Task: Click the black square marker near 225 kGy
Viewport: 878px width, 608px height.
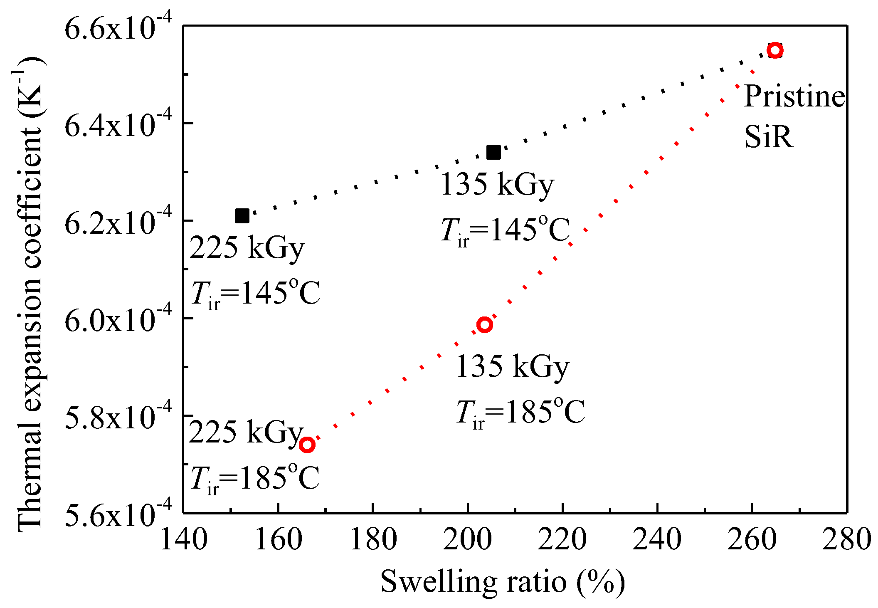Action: pyautogui.click(x=242, y=216)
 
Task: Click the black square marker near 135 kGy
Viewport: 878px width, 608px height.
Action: pyautogui.click(x=493, y=152)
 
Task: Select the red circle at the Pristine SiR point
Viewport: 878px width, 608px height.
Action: pyautogui.click(x=775, y=50)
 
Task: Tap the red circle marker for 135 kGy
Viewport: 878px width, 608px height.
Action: pyautogui.click(x=485, y=324)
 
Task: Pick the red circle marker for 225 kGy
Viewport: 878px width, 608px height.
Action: pyautogui.click(x=307, y=445)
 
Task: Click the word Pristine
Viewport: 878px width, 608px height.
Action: pyautogui.click(x=794, y=96)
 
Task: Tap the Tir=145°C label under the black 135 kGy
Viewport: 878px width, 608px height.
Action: pyautogui.click(x=505, y=231)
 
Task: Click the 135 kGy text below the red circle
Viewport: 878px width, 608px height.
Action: pyautogui.click(x=512, y=367)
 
